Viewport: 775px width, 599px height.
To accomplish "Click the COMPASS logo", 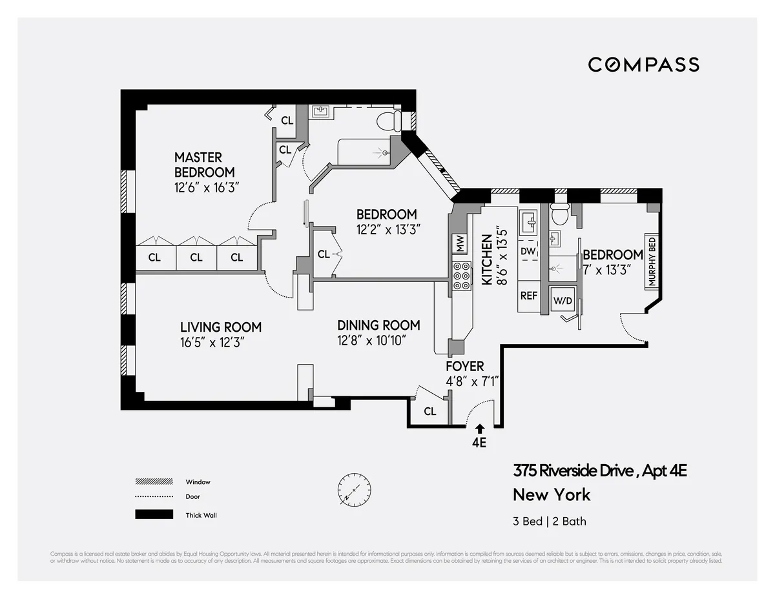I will (x=643, y=65).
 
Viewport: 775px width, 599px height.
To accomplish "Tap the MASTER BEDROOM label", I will (x=204, y=165).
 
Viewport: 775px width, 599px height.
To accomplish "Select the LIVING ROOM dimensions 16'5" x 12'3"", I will (x=212, y=342).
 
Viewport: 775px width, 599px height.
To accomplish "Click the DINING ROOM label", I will (x=378, y=325).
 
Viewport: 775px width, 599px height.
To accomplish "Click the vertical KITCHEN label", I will (x=487, y=260).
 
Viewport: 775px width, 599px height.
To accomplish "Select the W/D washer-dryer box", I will (x=561, y=300).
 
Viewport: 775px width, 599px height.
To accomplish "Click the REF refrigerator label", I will (x=528, y=296).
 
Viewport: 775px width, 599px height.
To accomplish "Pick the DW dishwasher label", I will (x=528, y=251).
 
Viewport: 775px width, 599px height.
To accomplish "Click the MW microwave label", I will (x=460, y=244).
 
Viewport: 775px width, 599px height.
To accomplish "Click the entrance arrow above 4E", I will (x=479, y=428).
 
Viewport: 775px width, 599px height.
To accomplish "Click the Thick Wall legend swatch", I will (x=154, y=514).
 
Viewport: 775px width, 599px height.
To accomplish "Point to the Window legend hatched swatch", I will (x=154, y=482).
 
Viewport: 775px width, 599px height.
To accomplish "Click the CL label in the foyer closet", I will (x=430, y=411).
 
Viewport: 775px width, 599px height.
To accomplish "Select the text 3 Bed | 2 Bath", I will (x=550, y=521).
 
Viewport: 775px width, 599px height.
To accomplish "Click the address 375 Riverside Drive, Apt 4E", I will (x=599, y=471).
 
